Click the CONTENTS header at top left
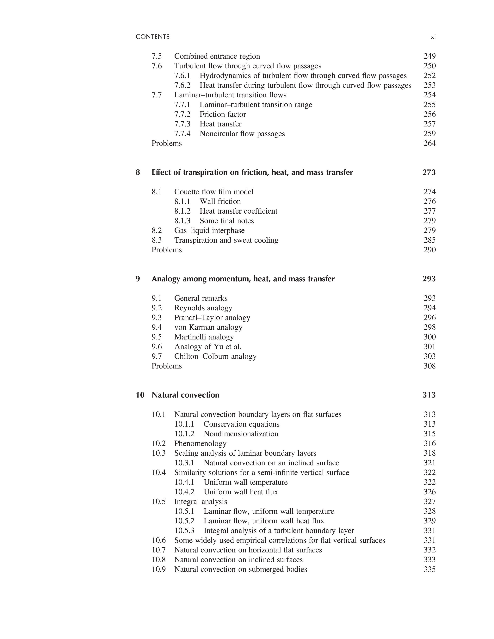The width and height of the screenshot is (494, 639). (152, 37)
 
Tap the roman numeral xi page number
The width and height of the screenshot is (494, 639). (433, 37)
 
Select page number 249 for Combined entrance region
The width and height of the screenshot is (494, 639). (429, 56)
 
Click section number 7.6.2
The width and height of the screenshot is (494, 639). (182, 85)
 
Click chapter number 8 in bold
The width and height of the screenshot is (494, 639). (138, 172)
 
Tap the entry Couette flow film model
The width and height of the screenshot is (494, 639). (214, 192)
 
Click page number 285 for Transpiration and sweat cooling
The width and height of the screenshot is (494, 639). (429, 240)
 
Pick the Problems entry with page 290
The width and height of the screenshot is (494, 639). (167, 250)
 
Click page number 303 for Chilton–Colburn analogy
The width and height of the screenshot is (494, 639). (429, 356)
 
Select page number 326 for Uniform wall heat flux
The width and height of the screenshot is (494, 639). (429, 492)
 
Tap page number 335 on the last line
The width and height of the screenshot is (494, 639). (429, 569)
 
